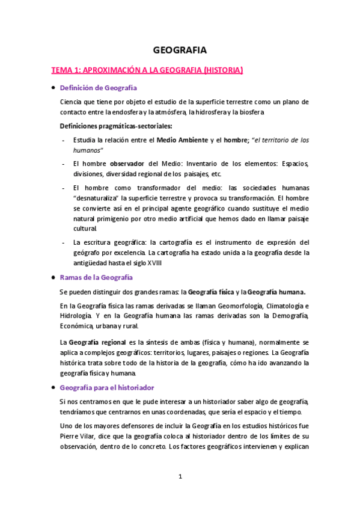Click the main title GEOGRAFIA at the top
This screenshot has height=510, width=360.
pyautogui.click(x=180, y=51)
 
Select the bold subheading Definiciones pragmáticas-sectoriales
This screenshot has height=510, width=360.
pyautogui.click(x=115, y=126)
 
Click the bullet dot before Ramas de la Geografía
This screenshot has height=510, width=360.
pyautogui.click(x=53, y=277)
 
